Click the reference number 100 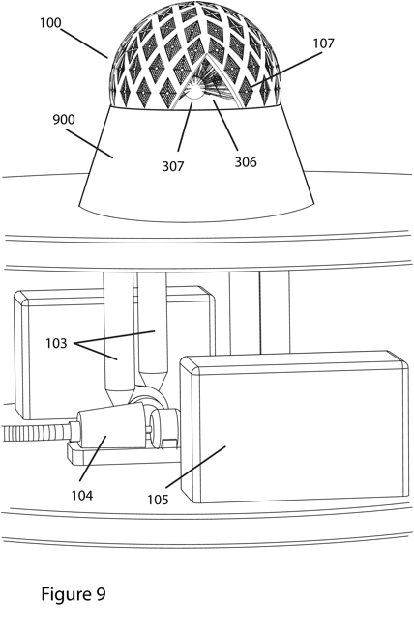tap(50, 23)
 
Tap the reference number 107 tap(324, 43)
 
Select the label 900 tap(64, 119)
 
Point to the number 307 tap(173, 166)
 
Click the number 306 tap(246, 162)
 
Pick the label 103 tap(56, 343)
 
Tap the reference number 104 tap(82, 496)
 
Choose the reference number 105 tap(158, 500)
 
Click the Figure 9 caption tap(74, 593)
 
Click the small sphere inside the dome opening tap(193, 92)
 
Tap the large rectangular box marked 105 tap(294, 427)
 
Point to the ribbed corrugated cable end tap(36, 432)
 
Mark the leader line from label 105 tap(195, 467)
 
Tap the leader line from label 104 tap(93, 458)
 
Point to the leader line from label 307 tap(185, 127)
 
